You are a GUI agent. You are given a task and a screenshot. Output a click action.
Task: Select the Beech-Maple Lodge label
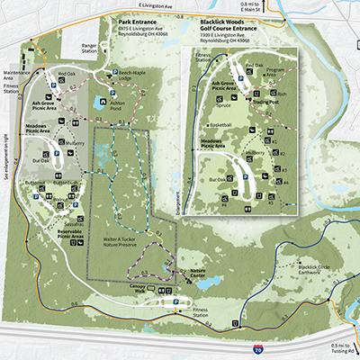[139, 77]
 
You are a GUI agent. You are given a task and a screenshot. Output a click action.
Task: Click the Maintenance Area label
[16, 72]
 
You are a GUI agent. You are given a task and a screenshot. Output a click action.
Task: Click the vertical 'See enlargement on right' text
[5, 157]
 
